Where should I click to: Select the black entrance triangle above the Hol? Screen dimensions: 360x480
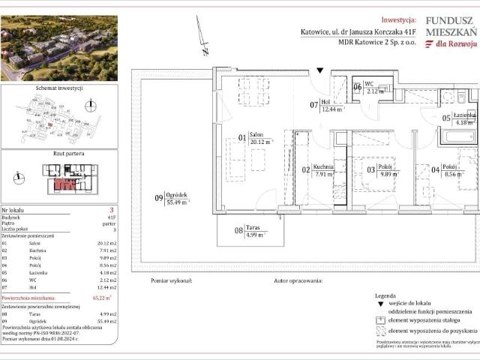(320, 70)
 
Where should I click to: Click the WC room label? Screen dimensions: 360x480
(368, 84)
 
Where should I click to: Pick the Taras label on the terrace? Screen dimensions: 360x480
(253, 227)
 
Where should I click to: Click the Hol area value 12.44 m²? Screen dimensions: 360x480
(332, 109)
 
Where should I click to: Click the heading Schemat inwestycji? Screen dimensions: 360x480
(58, 88)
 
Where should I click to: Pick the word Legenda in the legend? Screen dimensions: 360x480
(387, 296)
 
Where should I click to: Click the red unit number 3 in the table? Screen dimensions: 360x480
(111, 211)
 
